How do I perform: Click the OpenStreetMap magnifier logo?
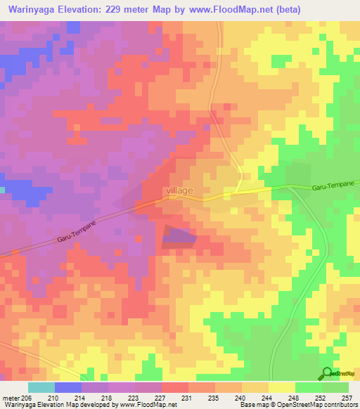click(x=327, y=374)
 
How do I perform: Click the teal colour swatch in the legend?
click(x=41, y=387)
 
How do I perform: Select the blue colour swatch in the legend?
click(x=68, y=387)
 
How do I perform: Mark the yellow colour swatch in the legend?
click(x=281, y=387)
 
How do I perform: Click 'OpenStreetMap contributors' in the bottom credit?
click(x=320, y=405)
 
